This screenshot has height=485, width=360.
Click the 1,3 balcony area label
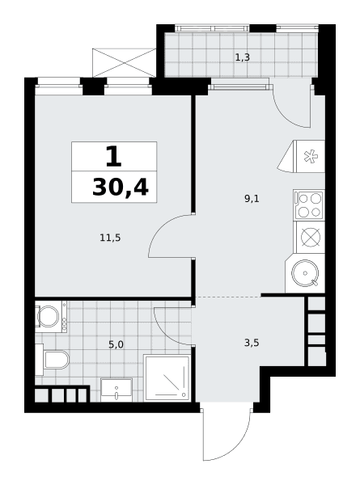tap(243, 57)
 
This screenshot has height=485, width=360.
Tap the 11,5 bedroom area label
tap(110, 238)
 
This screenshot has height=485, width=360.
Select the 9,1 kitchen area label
tap(252, 199)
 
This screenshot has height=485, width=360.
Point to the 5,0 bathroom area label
tap(116, 344)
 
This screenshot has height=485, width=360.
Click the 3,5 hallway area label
tap(252, 343)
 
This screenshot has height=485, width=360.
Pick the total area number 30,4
tap(121, 188)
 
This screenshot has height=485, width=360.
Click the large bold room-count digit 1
tap(113, 157)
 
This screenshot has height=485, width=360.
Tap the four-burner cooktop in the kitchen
tap(309, 205)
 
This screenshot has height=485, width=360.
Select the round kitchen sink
tap(305, 273)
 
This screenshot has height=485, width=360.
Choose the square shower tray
tap(167, 377)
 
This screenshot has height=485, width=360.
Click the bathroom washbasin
tap(116, 390)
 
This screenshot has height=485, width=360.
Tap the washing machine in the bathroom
tap(51, 316)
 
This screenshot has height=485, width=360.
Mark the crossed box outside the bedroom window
tap(124, 63)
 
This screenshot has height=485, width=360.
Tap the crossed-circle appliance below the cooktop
tap(311, 237)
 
